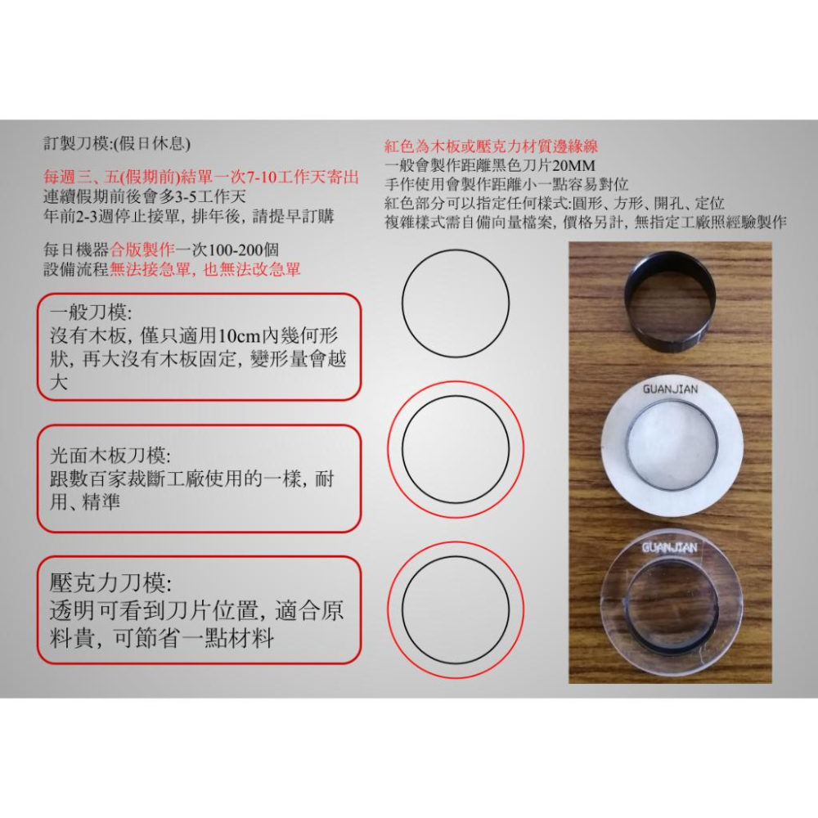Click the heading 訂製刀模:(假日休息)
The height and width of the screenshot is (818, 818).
tap(116, 144)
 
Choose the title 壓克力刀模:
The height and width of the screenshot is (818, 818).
tap(110, 582)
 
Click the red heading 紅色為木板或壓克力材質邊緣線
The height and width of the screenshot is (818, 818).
tap(491, 147)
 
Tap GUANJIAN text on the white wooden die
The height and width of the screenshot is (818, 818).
tap(670, 389)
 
